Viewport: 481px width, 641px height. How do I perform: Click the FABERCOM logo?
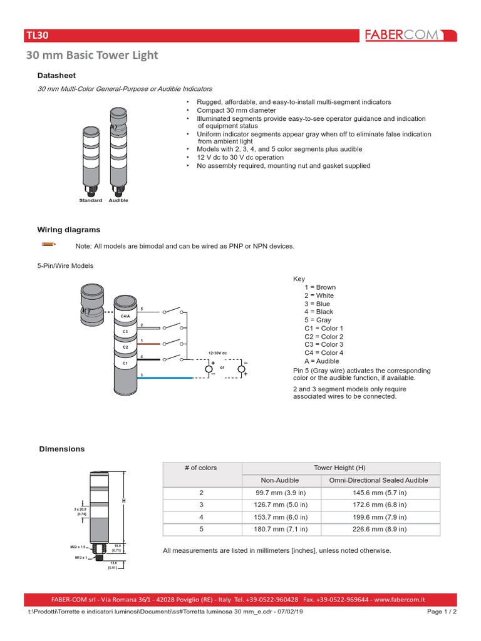pos(411,35)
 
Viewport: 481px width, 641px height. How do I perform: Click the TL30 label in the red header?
pos(37,36)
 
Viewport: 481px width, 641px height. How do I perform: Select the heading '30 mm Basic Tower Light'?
pos(91,56)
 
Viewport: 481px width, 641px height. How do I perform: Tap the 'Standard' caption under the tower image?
pos(90,200)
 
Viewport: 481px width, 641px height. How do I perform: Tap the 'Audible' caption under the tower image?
pos(118,200)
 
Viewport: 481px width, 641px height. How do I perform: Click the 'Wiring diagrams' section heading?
pos(69,230)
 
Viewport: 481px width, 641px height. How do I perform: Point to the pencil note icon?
pos(49,244)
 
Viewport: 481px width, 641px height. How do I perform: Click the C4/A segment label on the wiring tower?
pos(125,317)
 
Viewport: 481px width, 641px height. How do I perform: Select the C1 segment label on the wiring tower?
pos(125,362)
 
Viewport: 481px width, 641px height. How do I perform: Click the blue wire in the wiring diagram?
pos(163,378)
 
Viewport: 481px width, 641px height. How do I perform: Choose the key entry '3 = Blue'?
pos(318,304)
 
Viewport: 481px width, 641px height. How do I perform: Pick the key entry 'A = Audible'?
pos(321,361)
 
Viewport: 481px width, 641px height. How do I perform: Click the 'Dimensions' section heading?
pos(61,449)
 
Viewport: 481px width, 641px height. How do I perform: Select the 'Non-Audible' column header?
pos(279,480)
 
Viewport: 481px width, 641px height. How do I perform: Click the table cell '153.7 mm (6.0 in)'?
pos(279,517)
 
